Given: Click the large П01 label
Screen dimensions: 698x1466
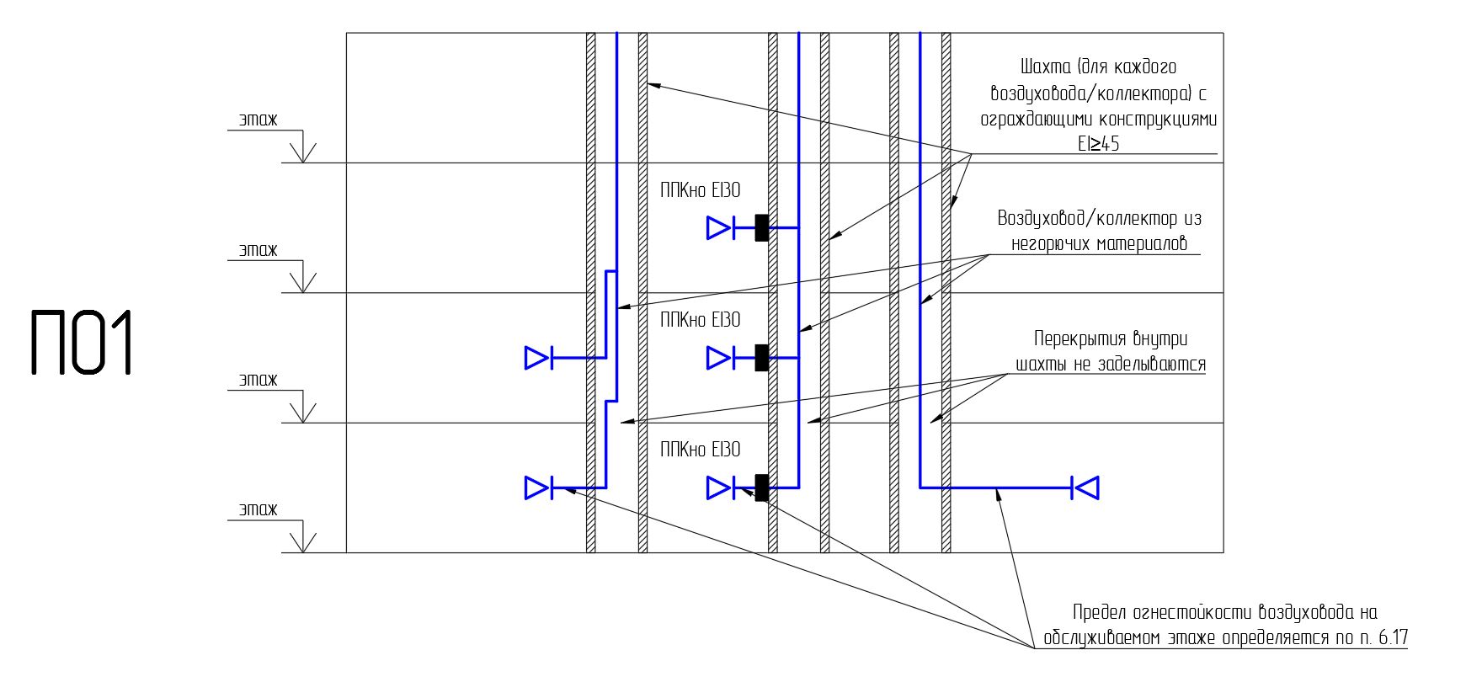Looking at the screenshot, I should tap(83, 343).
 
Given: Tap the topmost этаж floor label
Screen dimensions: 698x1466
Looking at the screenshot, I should tap(258, 120).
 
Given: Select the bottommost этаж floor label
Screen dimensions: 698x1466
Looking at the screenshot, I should tap(258, 509).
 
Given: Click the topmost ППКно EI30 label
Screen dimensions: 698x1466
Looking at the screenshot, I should tap(700, 191).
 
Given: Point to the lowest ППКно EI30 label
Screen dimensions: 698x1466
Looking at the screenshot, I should tap(700, 450).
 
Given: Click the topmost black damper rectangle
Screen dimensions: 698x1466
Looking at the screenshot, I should tap(761, 227).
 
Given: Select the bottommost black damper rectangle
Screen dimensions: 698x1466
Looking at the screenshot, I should tap(761, 487).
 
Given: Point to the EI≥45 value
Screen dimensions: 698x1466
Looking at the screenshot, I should tap(1098, 144).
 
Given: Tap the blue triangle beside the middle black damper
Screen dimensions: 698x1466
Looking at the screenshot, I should tap(718, 358).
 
